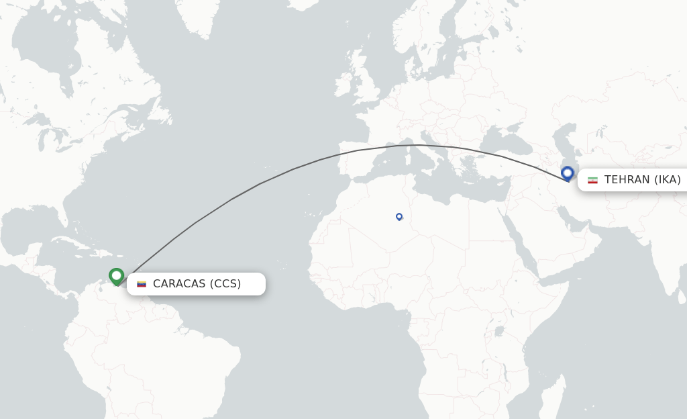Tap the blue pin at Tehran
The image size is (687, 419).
click(x=568, y=173)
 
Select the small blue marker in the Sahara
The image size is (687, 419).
click(x=399, y=216)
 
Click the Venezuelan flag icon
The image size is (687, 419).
click(x=142, y=284)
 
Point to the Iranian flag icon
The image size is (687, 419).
click(x=592, y=180)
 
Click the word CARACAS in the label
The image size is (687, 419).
click(x=179, y=284)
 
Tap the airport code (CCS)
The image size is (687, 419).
click(x=225, y=284)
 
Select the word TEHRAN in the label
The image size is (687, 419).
click(x=627, y=180)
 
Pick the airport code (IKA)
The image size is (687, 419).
click(x=668, y=180)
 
